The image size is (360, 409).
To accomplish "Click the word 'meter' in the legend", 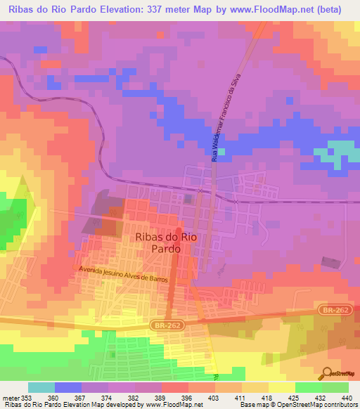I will coord(11,397).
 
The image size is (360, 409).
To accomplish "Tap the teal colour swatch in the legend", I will coord(41,387).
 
